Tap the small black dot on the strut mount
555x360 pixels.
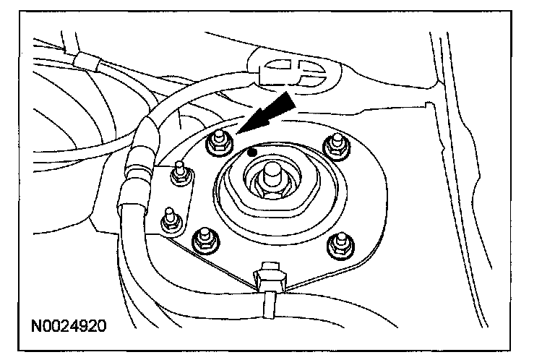pos(251,152)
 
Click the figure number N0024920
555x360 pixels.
pos(69,325)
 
